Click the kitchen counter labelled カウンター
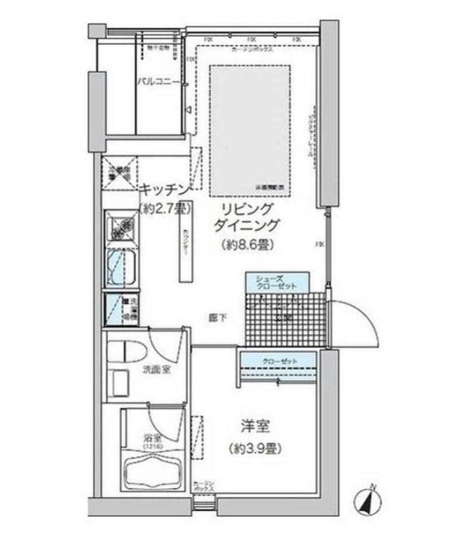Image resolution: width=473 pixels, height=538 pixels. [185, 247]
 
